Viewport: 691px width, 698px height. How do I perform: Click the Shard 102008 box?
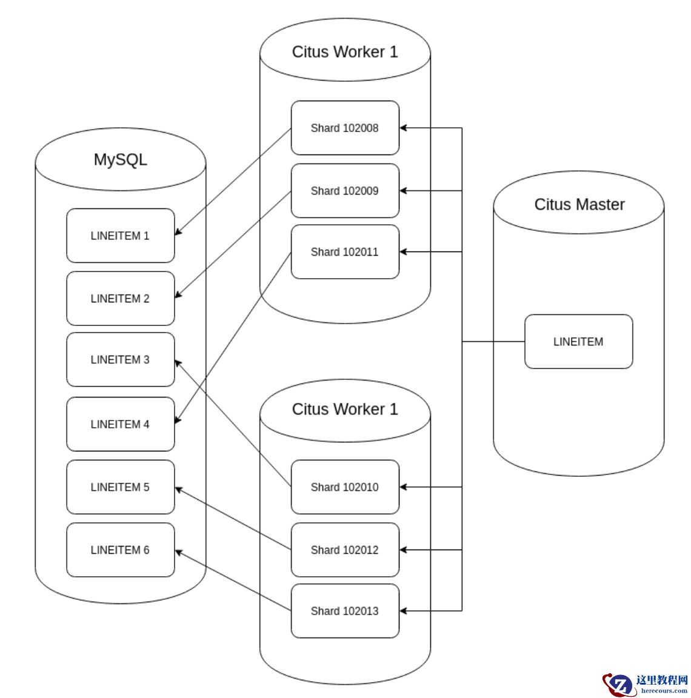coord(345,128)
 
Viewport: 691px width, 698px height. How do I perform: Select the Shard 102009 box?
coord(345,191)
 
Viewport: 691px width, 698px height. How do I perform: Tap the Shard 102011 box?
coord(345,252)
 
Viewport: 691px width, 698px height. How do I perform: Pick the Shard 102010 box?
coord(345,487)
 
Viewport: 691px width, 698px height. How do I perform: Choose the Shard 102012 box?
coord(345,550)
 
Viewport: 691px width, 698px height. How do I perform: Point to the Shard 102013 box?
coord(345,611)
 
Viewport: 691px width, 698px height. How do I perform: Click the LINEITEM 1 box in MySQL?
coord(120,236)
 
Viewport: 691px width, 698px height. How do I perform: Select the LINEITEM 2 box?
coord(120,299)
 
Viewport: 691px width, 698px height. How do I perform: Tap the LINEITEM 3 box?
coord(120,359)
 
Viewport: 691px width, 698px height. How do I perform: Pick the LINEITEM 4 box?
coord(120,424)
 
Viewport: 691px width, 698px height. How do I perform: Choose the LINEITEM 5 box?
coord(120,487)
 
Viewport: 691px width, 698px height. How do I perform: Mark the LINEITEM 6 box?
coord(120,550)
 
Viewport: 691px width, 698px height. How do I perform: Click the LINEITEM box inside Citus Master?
coord(578,342)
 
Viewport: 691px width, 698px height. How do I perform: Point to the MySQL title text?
coord(120,159)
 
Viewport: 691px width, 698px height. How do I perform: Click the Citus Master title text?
coord(579,205)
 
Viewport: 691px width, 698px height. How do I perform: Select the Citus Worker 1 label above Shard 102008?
coord(345,52)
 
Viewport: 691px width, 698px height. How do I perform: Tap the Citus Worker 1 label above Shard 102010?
coord(345,410)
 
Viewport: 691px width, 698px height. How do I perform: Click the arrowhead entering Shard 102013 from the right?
coord(404,611)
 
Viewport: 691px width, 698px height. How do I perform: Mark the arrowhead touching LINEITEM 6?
coord(179,552)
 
